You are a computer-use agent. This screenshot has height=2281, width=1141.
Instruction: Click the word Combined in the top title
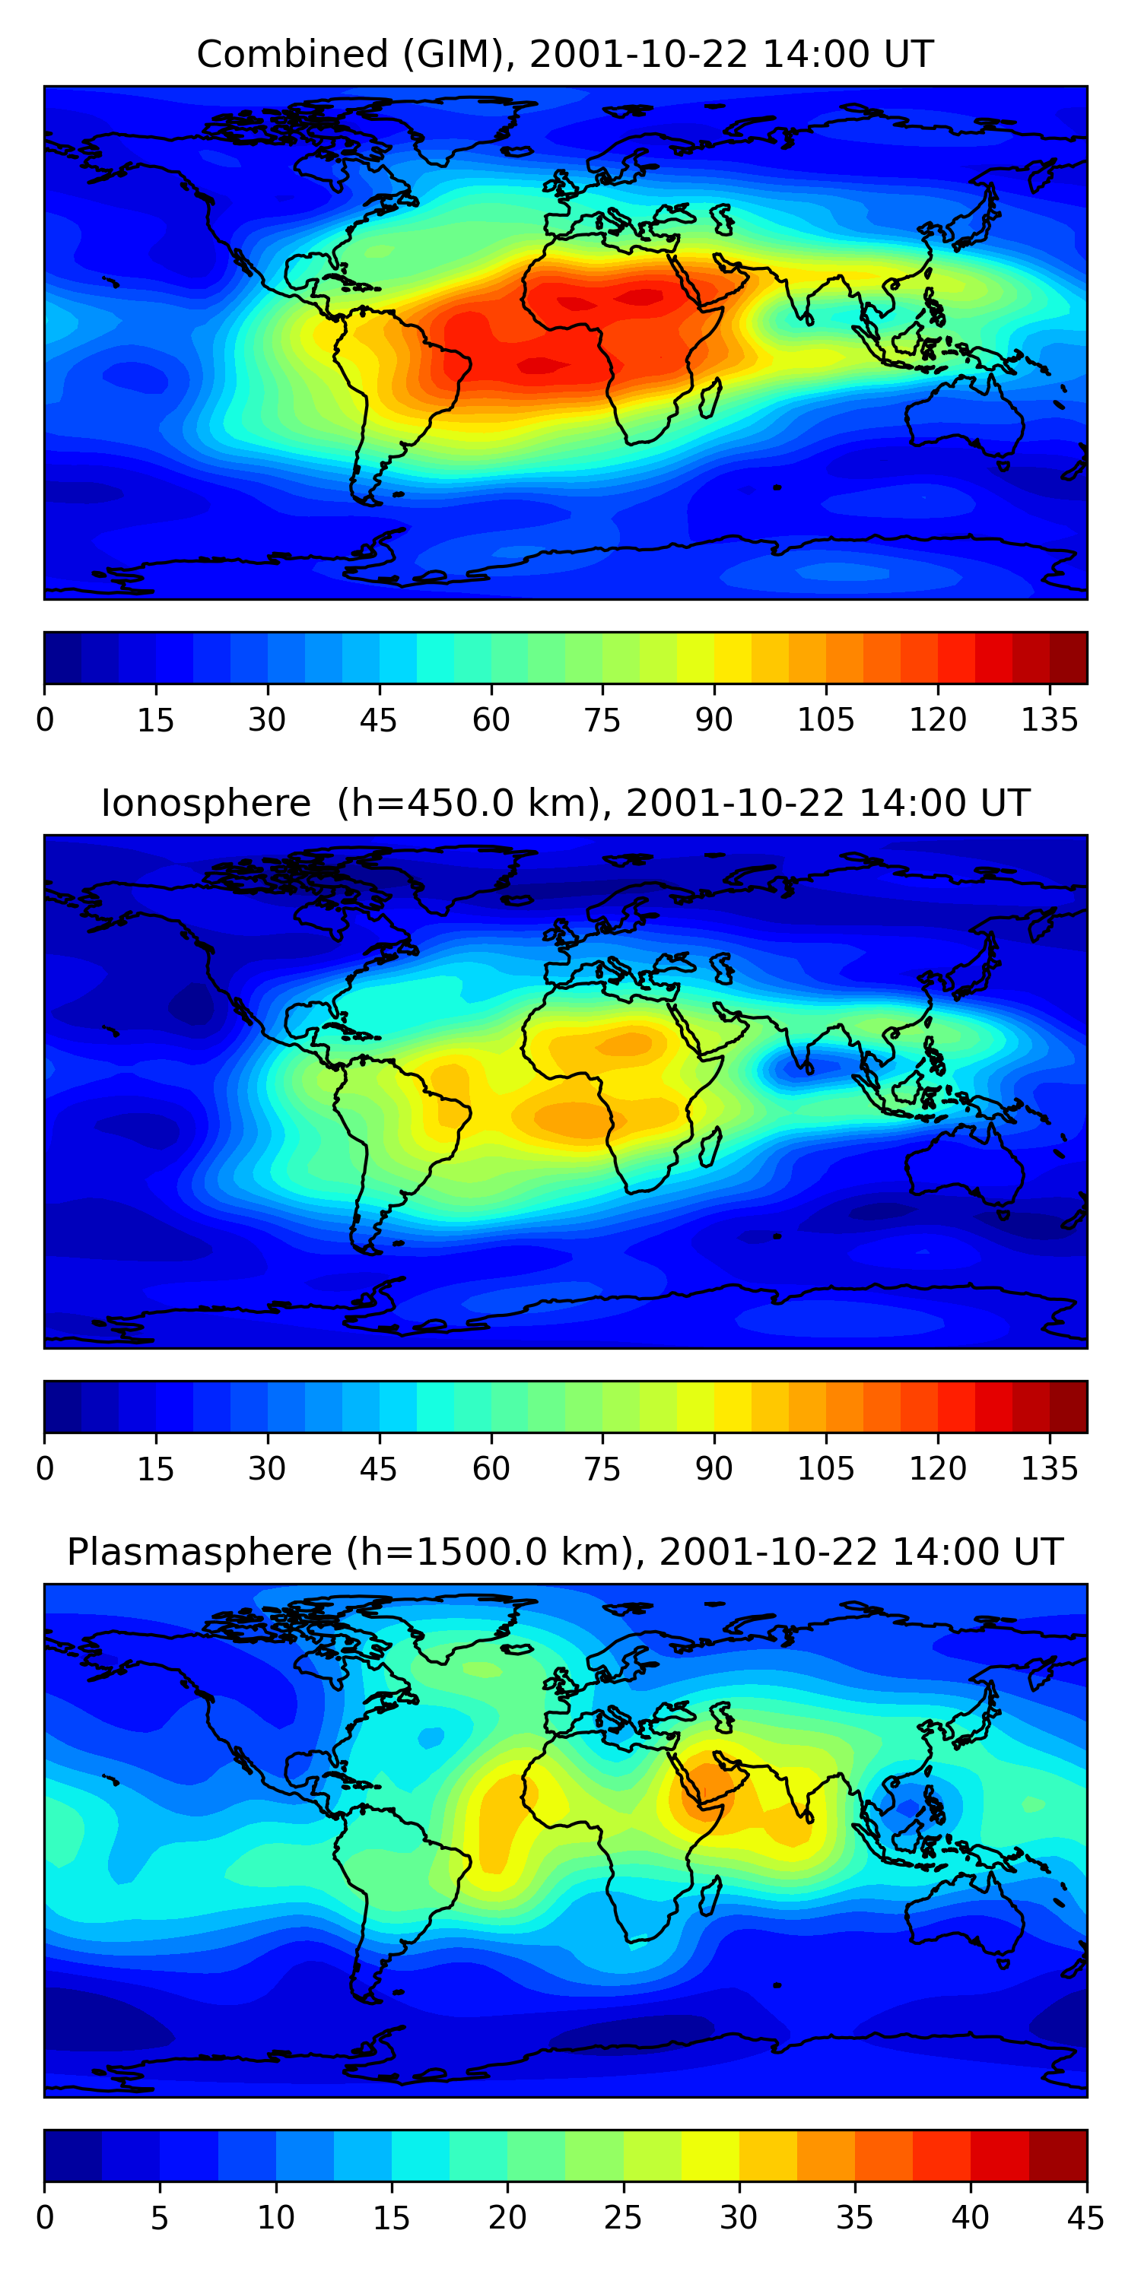coord(291,55)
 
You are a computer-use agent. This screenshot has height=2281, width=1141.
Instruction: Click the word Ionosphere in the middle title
coord(205,803)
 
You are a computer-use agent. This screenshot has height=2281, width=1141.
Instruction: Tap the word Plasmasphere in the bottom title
coord(199,1553)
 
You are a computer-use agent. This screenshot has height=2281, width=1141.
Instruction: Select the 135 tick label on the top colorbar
coord(1050,720)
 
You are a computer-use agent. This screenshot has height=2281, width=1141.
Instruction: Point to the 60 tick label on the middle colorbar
coord(491,1469)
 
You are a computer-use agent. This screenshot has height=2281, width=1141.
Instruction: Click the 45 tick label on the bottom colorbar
coord(1086,2217)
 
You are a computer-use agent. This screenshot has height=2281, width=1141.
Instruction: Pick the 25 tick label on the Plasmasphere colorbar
coord(623,2217)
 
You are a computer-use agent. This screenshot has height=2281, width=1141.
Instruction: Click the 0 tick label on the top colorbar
coord(45,720)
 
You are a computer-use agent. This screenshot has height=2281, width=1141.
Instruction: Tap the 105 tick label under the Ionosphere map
coord(825,1469)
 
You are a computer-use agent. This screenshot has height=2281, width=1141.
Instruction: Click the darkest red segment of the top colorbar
coord(1069,658)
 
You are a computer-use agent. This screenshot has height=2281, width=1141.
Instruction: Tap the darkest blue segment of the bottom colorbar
coord(72,2156)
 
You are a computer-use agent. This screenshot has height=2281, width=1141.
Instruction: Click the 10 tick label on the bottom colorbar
coord(275,2217)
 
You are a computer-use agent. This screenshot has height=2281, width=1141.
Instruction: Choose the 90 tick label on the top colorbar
coord(714,720)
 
